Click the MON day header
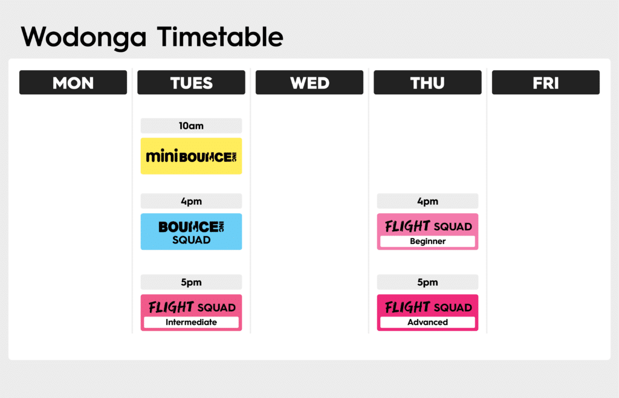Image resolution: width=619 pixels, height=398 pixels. pyautogui.click(x=73, y=83)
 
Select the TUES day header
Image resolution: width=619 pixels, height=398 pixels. pyautogui.click(x=191, y=83)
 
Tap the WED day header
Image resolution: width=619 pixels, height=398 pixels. pyautogui.click(x=309, y=83)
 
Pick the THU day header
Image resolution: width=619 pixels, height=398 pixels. pyautogui.click(x=427, y=83)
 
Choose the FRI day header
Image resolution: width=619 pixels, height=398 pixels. pyautogui.click(x=546, y=83)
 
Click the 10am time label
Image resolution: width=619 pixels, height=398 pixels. pyautogui.click(x=191, y=126)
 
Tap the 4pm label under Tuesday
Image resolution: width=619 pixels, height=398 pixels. pyautogui.click(x=191, y=201)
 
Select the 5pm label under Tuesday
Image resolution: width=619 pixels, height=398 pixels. pyautogui.click(x=191, y=282)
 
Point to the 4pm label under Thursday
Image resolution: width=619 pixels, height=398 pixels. pyautogui.click(x=427, y=201)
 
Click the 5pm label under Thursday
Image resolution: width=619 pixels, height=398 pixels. pyautogui.click(x=427, y=282)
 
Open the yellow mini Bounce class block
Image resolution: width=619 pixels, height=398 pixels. pyautogui.click(x=191, y=156)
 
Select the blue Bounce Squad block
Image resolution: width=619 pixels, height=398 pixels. pyautogui.click(x=191, y=231)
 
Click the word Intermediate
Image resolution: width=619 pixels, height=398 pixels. pyautogui.click(x=191, y=323)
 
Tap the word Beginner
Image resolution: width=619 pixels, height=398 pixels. pyautogui.click(x=427, y=242)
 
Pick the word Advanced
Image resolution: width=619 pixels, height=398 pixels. pyautogui.click(x=427, y=323)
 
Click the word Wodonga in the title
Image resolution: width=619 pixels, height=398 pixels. pyautogui.click(x=83, y=37)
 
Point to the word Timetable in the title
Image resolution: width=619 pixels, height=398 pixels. pyautogui.click(x=220, y=37)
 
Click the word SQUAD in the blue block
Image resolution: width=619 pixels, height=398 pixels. pyautogui.click(x=191, y=240)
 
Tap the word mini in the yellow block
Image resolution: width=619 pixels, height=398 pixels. pyautogui.click(x=161, y=156)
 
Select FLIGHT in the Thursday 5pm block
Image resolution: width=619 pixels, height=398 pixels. pyautogui.click(x=407, y=307)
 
